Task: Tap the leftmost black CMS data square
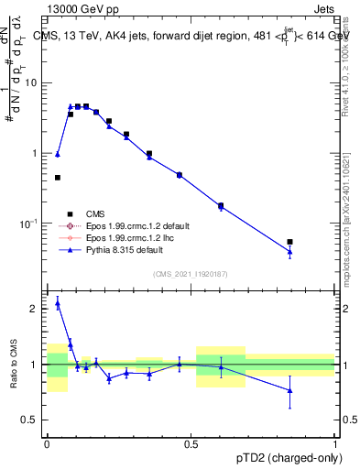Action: (58, 178)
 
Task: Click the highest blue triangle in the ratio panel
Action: (58, 303)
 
